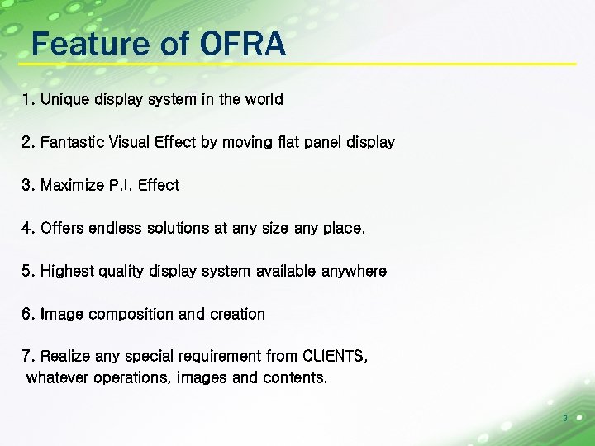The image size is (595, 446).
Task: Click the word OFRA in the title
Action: pyautogui.click(x=242, y=44)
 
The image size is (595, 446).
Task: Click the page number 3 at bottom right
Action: pyautogui.click(x=564, y=419)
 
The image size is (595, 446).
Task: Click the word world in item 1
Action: pyautogui.click(x=264, y=100)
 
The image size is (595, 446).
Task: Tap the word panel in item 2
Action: pyautogui.click(x=302, y=143)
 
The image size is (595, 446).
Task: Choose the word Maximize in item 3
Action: pyautogui.click(x=72, y=186)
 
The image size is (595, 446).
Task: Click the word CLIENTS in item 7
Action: pyautogui.click(x=336, y=357)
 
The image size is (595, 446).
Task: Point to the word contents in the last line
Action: pyautogui.click(x=294, y=378)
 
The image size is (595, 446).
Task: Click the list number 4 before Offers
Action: pyautogui.click(x=27, y=229)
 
